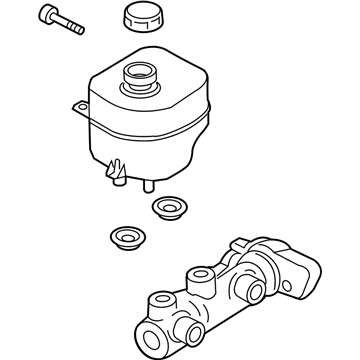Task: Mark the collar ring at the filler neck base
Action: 139,87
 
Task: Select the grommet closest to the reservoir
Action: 171,209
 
